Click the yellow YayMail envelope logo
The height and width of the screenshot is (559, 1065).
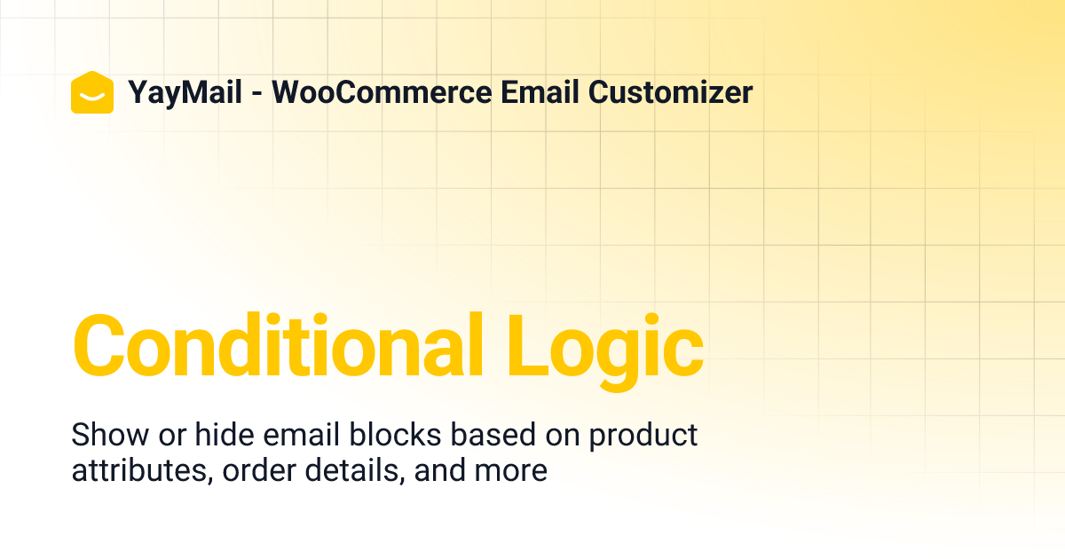92,92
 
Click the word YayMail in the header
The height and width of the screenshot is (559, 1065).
185,92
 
